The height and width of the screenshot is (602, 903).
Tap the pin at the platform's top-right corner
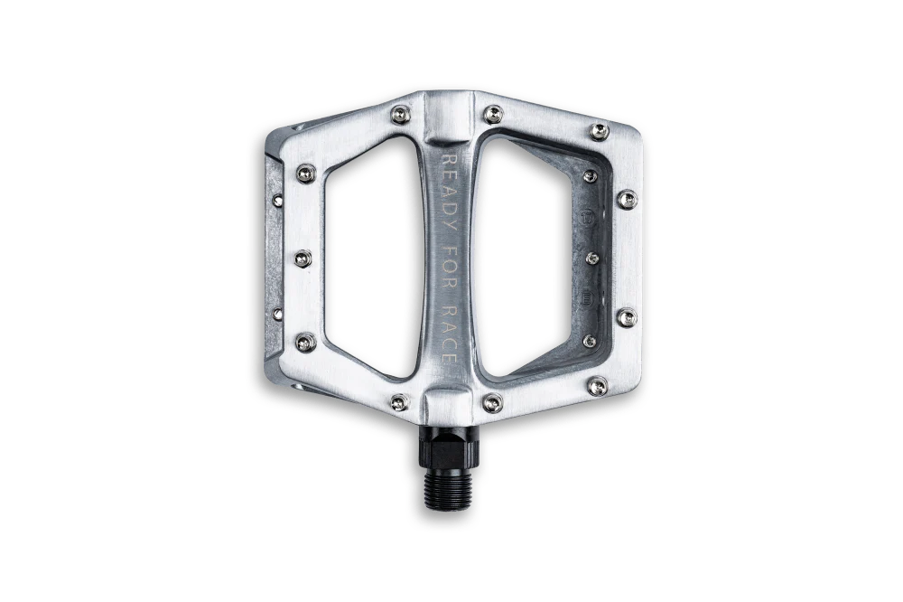click(599, 131)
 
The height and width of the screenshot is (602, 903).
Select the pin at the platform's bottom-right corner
click(597, 385)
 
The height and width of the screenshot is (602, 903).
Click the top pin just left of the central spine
click(400, 115)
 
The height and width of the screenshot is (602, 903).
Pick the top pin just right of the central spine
click(493, 114)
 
